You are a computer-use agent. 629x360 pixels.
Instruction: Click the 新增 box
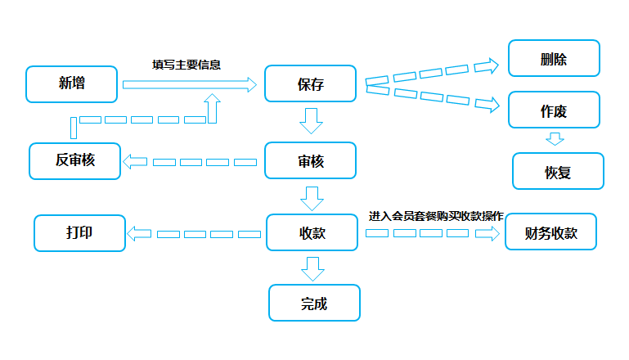pyautogui.click(x=71, y=84)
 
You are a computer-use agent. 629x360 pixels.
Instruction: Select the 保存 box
pyautogui.click(x=311, y=83)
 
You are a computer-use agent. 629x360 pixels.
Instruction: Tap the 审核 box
pyautogui.click(x=311, y=160)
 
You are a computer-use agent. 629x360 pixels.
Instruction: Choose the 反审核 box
pyautogui.click(x=75, y=161)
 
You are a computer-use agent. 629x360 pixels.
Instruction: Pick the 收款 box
pyautogui.click(x=312, y=232)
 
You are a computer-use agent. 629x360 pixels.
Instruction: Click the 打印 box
pyautogui.click(x=80, y=233)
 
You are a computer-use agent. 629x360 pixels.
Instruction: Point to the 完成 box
pyautogui.click(x=314, y=303)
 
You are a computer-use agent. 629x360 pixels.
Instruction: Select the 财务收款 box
pyautogui.click(x=550, y=232)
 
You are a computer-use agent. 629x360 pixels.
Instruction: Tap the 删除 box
pyautogui.click(x=554, y=58)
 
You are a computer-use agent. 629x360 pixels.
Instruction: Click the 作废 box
pyautogui.click(x=554, y=110)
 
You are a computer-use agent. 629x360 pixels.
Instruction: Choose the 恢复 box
pyautogui.click(x=558, y=171)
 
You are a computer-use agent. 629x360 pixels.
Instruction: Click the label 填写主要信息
pyautogui.click(x=186, y=65)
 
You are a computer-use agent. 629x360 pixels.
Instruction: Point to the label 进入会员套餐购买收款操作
pyautogui.click(x=436, y=216)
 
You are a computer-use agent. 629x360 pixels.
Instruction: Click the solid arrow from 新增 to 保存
pyautogui.click(x=190, y=85)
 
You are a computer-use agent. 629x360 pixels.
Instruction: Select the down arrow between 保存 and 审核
pyautogui.click(x=312, y=121)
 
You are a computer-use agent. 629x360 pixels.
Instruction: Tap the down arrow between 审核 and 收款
pyautogui.click(x=312, y=199)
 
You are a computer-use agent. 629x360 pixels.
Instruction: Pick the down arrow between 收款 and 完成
pyautogui.click(x=313, y=269)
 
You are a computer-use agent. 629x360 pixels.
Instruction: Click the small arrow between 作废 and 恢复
pyautogui.click(x=555, y=139)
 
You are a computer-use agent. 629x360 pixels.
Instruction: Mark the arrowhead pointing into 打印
pyautogui.click(x=139, y=233)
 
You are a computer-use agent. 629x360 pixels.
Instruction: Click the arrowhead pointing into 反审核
pyautogui.click(x=135, y=162)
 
